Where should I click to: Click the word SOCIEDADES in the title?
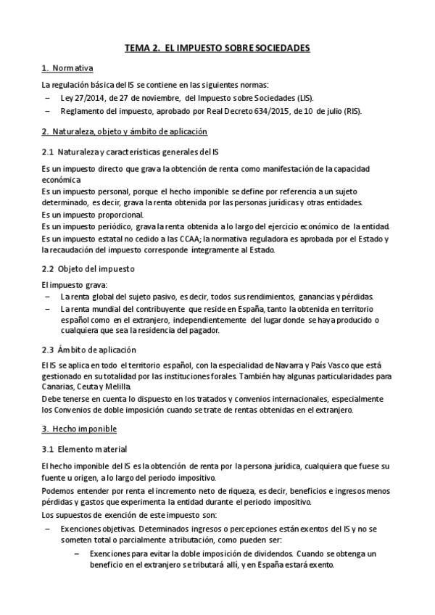click(x=278, y=48)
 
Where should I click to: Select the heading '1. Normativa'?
click(x=67, y=69)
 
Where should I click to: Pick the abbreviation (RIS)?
click(x=349, y=111)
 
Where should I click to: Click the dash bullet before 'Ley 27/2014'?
click(x=47, y=97)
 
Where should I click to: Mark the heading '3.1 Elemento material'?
click(x=85, y=449)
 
